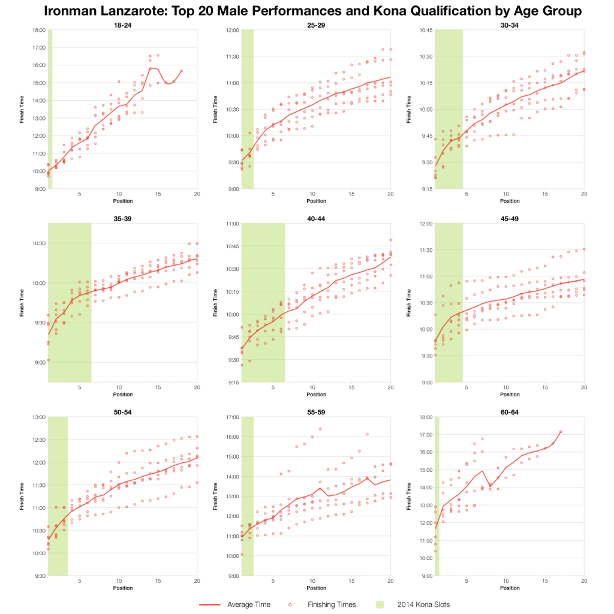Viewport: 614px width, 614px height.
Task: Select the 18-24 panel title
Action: pyautogui.click(x=122, y=25)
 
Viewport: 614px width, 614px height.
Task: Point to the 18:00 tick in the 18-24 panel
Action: pyautogui.click(x=38, y=30)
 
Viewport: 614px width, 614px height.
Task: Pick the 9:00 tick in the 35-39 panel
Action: pyautogui.click(x=40, y=362)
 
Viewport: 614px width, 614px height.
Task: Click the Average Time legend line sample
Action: pyautogui.click(x=212, y=604)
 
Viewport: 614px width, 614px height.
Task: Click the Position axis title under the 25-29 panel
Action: pyautogui.click(x=316, y=201)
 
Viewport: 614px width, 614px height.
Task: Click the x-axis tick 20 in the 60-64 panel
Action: pyautogui.click(x=584, y=582)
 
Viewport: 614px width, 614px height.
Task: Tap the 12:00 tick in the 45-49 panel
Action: pyautogui.click(x=426, y=224)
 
